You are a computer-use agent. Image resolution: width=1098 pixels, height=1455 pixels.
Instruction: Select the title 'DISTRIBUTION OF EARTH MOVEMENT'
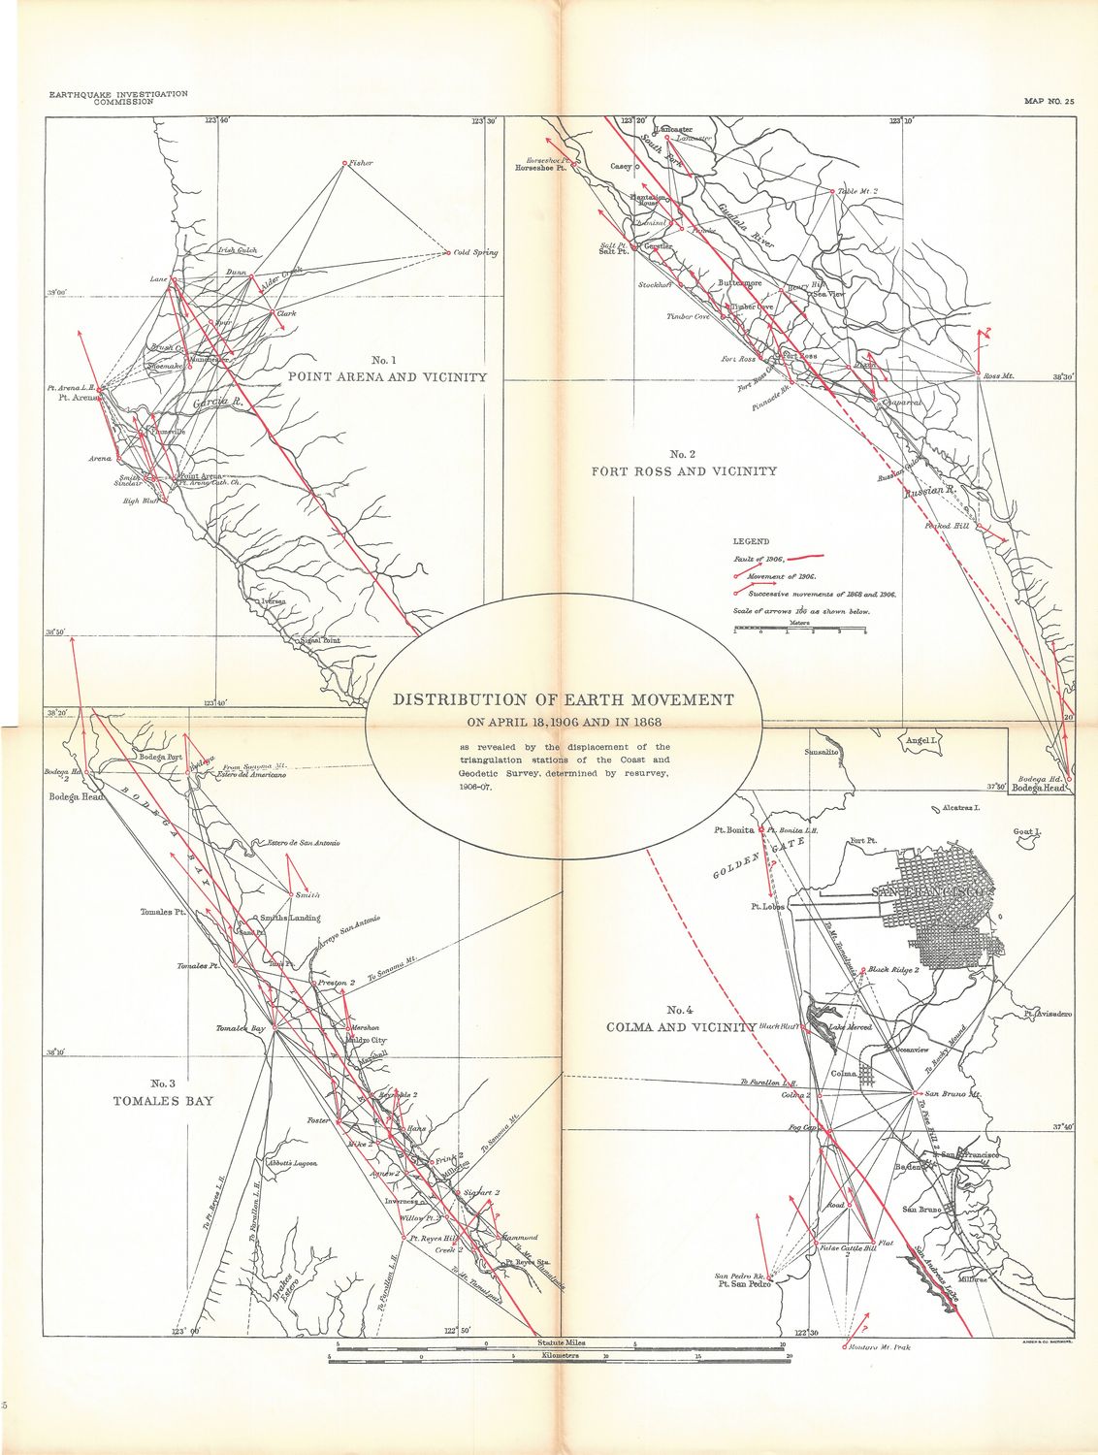[x=562, y=699]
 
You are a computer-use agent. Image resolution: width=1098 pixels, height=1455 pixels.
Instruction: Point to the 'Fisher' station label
[x=361, y=163]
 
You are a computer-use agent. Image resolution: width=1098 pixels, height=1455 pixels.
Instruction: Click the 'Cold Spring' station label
[x=475, y=252]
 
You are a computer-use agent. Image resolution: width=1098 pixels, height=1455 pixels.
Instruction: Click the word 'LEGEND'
[x=751, y=541]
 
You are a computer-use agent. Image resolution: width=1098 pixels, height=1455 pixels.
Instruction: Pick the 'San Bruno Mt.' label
[x=949, y=1094]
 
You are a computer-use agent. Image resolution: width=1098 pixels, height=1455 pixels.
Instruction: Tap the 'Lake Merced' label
[x=851, y=1026]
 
